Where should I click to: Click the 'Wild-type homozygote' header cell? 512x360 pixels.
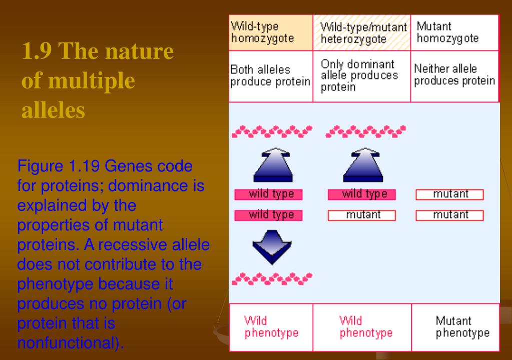pyautogui.click(x=271, y=32)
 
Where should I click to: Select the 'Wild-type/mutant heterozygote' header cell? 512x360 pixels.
pyautogui.click(x=362, y=32)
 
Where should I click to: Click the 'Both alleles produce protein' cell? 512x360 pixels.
pyautogui.click(x=271, y=76)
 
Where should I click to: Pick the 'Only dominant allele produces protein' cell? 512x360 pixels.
pyautogui.click(x=362, y=76)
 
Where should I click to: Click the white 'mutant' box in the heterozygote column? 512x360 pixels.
pyautogui.click(x=362, y=215)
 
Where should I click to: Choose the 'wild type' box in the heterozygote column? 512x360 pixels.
pyautogui.click(x=362, y=194)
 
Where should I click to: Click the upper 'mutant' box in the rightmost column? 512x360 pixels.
pyautogui.click(x=449, y=194)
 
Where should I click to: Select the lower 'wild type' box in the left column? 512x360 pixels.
pyautogui.click(x=268, y=215)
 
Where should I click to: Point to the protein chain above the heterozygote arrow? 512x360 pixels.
pyautogui.click(x=366, y=132)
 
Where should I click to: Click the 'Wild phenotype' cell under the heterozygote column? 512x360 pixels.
pyautogui.click(x=362, y=326)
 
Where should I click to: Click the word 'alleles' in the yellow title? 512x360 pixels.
pyautogui.click(x=53, y=110)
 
